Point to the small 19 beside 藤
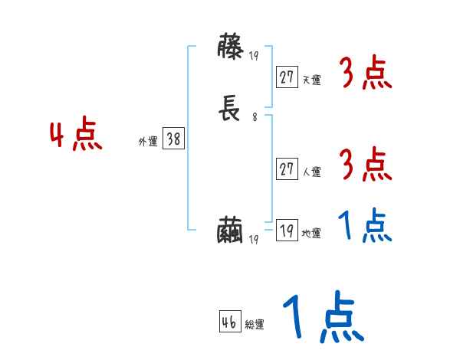point(255,56)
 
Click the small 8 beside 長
point(255,118)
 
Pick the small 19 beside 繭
point(255,239)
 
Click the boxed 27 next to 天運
point(287,77)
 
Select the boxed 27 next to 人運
point(287,169)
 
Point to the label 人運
point(311,172)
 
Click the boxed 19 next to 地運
point(287,231)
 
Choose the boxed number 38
point(173,139)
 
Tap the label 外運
point(148,142)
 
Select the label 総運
point(255,325)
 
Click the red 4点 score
point(76,136)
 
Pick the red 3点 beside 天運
point(365,74)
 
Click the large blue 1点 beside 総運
point(322,319)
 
